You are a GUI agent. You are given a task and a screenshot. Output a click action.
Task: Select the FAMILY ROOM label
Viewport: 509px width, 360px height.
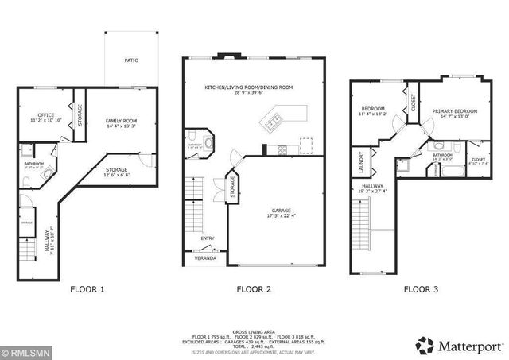(120, 122)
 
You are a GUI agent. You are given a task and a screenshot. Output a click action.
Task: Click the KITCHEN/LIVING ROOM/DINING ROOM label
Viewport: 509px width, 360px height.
(248, 87)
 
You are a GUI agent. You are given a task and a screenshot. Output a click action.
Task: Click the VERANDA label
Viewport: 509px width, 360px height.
(206, 258)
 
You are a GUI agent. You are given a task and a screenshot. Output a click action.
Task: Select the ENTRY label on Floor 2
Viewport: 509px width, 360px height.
(207, 238)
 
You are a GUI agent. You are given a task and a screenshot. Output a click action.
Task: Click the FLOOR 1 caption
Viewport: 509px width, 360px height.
(87, 290)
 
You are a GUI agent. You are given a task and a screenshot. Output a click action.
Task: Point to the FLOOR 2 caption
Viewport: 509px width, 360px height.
(254, 290)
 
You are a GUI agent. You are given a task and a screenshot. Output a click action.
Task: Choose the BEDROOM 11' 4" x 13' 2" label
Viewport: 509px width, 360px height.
(374, 111)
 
